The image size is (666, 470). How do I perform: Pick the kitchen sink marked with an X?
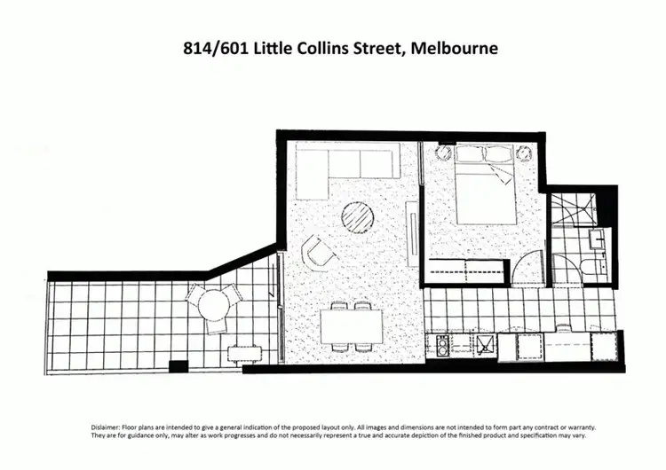tap(485, 343)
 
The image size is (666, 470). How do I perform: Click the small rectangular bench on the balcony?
tap(242, 353)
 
